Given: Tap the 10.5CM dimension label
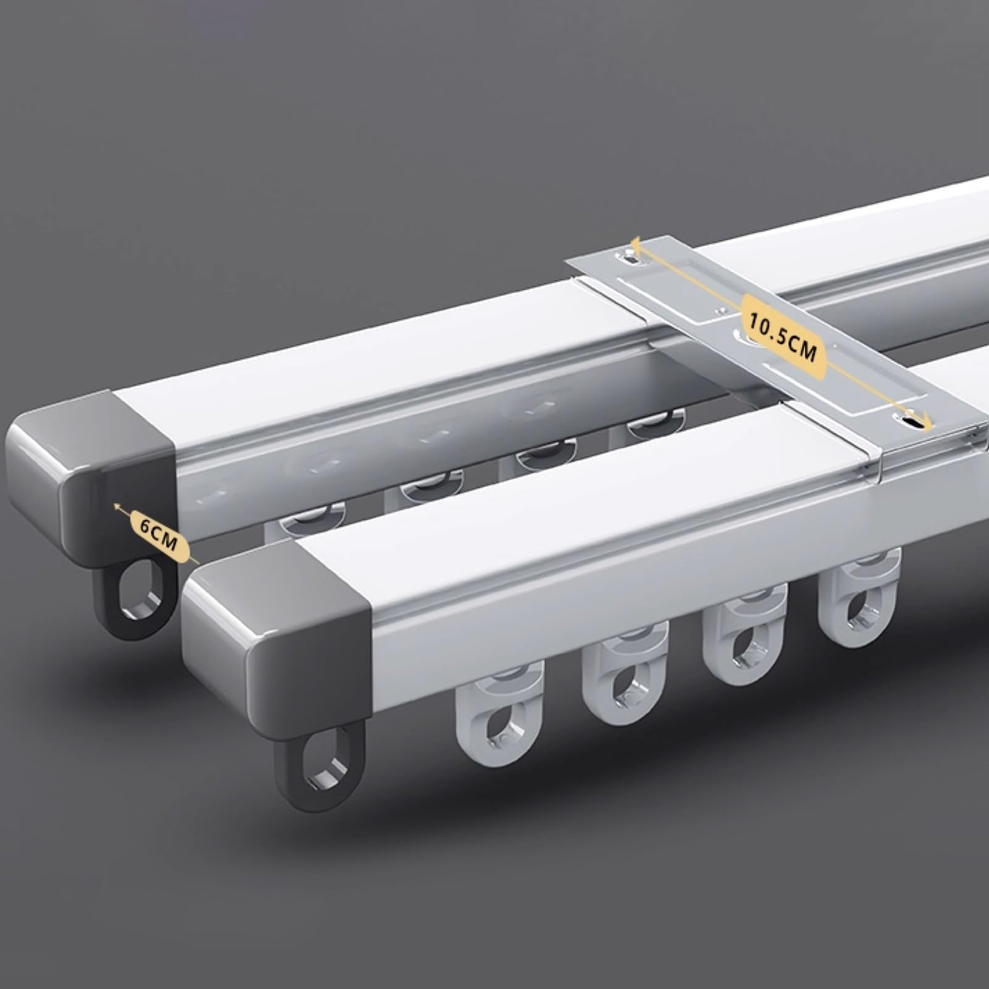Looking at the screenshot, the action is (782, 336).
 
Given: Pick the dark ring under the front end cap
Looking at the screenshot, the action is (320, 766).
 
